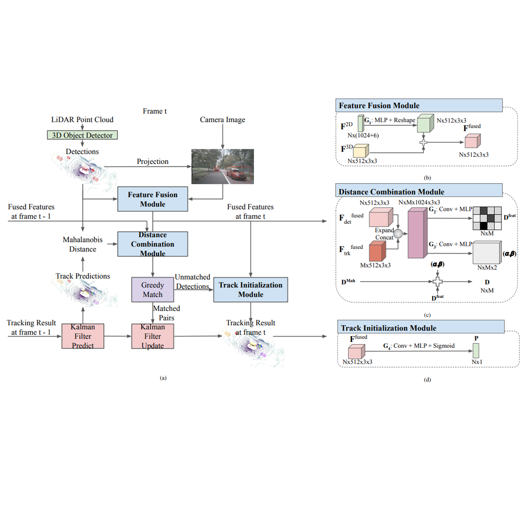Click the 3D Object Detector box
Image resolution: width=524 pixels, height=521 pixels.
coord(82,135)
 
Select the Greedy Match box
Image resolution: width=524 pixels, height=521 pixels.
coord(153,290)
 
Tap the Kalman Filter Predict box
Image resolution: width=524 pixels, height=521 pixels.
coord(83,336)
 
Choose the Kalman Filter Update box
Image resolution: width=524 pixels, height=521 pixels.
coord(153,336)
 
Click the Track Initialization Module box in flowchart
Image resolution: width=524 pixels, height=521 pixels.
coord(250,290)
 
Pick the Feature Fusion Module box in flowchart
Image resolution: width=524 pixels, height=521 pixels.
coord(153,199)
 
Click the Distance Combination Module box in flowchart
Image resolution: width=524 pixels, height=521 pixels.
coord(153,244)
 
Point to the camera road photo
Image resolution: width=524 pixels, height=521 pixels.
coord(223,166)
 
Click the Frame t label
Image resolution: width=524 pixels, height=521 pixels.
coord(154,111)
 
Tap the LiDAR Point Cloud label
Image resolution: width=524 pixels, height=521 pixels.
coord(82,119)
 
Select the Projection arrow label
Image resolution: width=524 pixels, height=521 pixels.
coord(153,162)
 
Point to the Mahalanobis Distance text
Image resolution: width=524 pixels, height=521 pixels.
coord(82,244)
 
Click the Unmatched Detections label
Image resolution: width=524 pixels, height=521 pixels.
coord(192,282)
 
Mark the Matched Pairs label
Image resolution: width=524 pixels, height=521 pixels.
coord(166,313)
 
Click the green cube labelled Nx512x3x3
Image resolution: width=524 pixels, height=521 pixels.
coord(425,123)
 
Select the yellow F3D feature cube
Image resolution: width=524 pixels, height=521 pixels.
coord(360,151)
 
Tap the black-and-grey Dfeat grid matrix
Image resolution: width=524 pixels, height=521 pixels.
coord(487,218)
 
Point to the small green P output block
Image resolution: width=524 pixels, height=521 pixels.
coord(476,350)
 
